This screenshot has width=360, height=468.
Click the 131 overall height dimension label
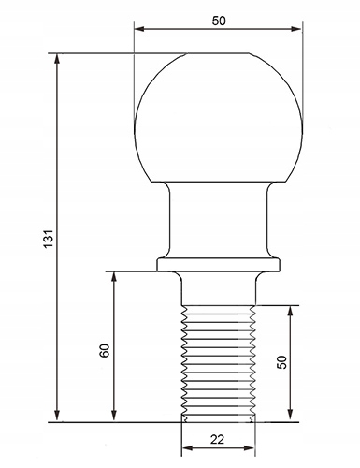tap(49, 239)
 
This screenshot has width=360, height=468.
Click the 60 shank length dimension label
tap(105, 350)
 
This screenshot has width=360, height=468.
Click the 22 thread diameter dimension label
tap(217, 440)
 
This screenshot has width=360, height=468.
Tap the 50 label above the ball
tap(219, 21)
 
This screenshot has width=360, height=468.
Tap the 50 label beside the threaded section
tap(282, 362)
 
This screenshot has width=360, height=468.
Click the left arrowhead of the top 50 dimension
tap(139, 29)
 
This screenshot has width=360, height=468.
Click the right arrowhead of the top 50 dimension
tap(296, 29)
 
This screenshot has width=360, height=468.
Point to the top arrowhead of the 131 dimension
tap(57, 59)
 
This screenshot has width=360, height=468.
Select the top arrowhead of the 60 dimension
tap(114, 277)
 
